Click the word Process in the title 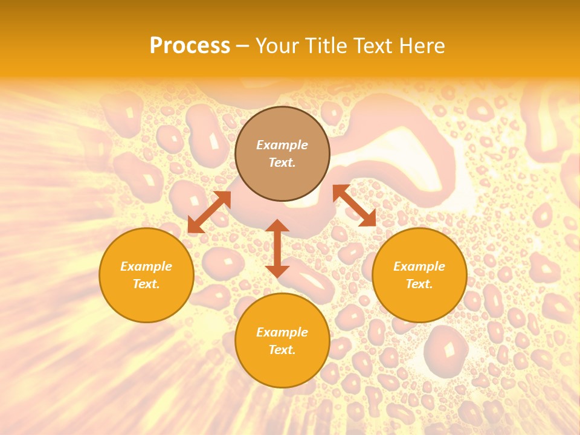click(190, 46)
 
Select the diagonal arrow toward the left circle click(209, 212)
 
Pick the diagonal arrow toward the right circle click(355, 205)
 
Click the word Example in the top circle click(282, 145)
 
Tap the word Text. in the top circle click(282, 163)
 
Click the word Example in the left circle click(146, 266)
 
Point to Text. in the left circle click(146, 284)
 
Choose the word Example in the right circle click(419, 266)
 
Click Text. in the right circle click(419, 284)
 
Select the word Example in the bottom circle click(282, 332)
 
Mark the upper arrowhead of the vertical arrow click(277, 226)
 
